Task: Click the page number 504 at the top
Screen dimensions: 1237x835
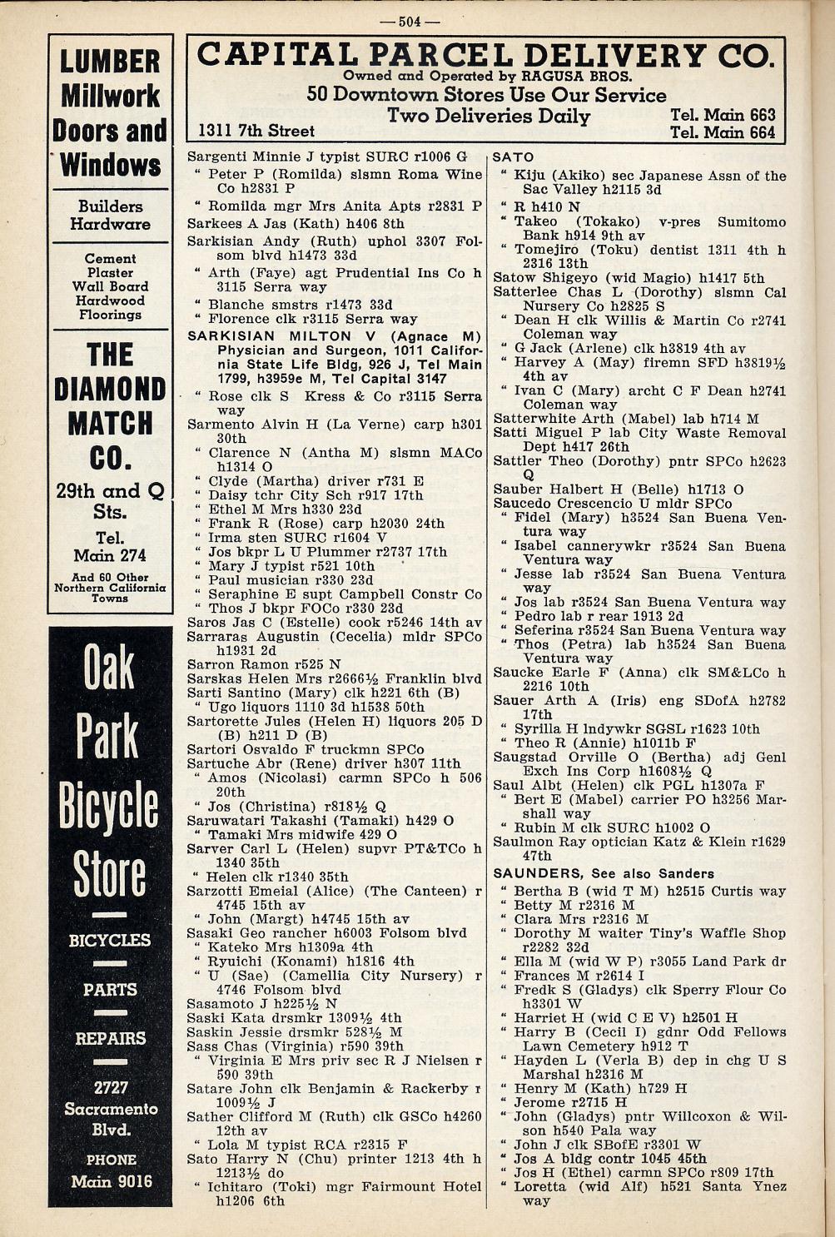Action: (410, 21)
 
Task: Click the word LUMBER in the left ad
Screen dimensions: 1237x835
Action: (110, 62)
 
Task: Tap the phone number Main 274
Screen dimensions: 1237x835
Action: (110, 555)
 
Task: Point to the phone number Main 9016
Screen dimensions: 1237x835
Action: (111, 1181)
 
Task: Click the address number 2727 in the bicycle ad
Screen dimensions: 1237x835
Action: (111, 1088)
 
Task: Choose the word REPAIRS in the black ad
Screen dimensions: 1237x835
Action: (111, 1039)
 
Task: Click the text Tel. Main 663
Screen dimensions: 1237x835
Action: (723, 115)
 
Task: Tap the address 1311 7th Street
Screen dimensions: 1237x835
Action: (256, 131)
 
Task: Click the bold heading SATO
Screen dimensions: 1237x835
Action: (514, 157)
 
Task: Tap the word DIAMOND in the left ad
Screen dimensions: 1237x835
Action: (110, 390)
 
